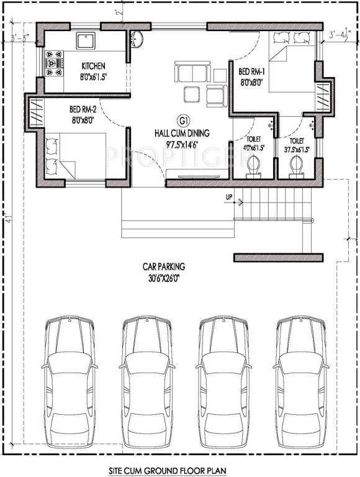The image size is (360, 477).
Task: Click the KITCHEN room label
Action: tap(94, 66)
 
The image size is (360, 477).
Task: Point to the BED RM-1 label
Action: tap(252, 71)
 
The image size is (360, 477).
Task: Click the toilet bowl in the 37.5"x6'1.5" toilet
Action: tap(297, 165)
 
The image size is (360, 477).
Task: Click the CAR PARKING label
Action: tap(164, 266)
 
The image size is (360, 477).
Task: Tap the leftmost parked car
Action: tap(69, 385)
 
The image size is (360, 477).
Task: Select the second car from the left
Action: tap(146, 385)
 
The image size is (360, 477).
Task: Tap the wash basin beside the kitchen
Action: tap(138, 39)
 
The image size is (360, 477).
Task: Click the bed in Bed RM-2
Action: tap(76, 155)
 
